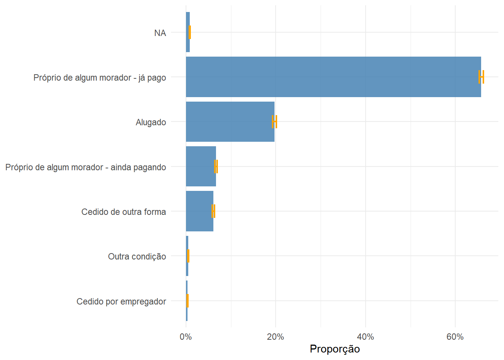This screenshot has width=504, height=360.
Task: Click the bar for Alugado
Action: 230,121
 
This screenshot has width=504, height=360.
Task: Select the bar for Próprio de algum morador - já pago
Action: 333,77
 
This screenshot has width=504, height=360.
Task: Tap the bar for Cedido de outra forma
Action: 199,211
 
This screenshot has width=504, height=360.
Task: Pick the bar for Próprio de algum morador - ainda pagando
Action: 201,166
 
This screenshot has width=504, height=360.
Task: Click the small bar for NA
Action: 187,32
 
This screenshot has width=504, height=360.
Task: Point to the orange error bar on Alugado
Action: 274,121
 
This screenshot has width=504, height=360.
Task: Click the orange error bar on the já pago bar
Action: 481,77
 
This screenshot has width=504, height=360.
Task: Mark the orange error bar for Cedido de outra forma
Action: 213,211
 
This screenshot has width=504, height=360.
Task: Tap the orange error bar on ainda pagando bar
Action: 216,166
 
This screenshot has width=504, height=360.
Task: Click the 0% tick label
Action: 186,337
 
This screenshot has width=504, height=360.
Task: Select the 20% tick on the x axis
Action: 275,337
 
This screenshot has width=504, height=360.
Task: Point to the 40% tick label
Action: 365,337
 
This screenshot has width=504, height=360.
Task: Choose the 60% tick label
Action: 455,337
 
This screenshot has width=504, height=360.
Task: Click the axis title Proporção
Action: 334,349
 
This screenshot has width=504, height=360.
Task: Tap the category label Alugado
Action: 151,122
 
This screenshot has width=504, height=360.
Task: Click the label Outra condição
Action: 137,256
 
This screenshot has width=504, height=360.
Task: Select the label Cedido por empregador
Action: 121,301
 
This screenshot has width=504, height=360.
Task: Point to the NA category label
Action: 160,33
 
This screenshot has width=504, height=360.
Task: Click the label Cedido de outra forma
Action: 123,212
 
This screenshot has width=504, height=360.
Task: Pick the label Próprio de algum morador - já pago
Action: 99,78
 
